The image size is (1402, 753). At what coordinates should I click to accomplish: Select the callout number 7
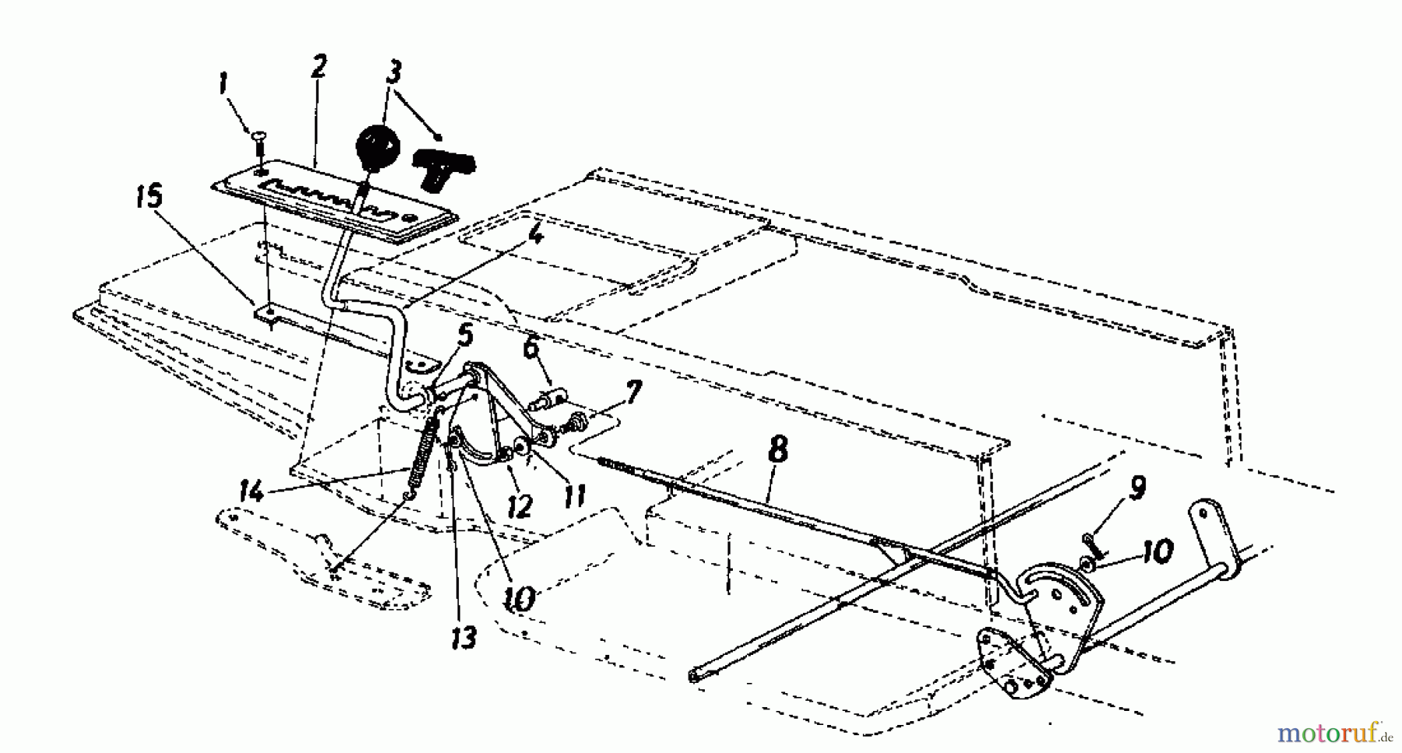pos(633,392)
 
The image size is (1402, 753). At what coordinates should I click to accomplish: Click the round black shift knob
pos(377,145)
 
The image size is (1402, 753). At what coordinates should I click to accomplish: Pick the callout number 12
pos(520,506)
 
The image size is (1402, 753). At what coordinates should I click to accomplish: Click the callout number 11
pos(574,495)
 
